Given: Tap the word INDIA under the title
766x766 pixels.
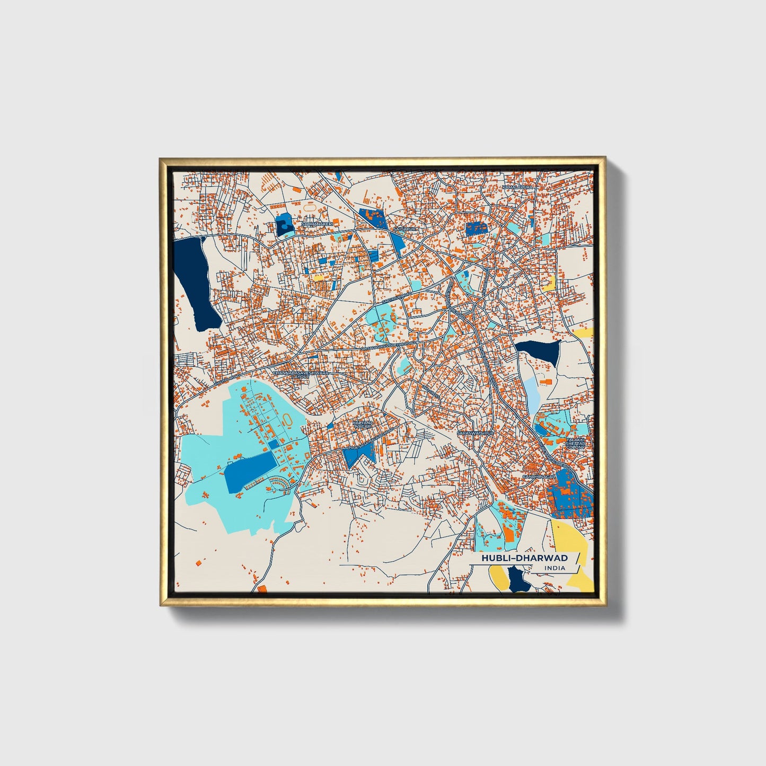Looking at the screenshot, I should (554, 568).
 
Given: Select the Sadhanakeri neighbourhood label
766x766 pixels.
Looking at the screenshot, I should (316, 224).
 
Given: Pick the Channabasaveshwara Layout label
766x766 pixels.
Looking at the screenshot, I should (301, 375).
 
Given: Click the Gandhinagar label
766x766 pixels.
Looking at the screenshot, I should (539, 477).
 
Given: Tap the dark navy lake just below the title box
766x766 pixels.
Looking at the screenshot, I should (519, 579).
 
